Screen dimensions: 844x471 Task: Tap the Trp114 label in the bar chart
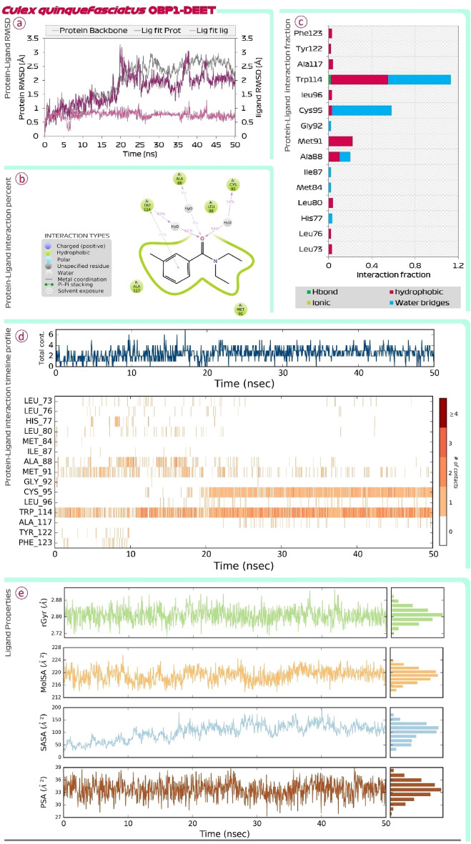(308, 79)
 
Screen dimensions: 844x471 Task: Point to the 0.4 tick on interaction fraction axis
(373, 264)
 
